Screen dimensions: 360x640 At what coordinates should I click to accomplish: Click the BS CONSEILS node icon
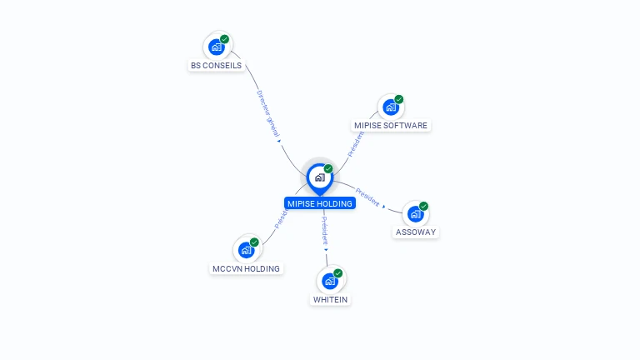click(x=217, y=47)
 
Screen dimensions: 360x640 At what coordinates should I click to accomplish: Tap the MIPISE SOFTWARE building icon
click(x=390, y=107)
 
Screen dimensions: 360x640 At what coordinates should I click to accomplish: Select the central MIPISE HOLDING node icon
click(x=319, y=177)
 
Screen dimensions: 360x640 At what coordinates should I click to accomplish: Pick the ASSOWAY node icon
click(x=415, y=214)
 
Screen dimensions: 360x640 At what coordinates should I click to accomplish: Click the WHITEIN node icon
click(x=330, y=281)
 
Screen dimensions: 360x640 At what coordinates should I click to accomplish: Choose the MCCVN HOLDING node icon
click(x=246, y=250)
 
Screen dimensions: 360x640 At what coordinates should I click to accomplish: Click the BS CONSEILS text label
click(x=216, y=65)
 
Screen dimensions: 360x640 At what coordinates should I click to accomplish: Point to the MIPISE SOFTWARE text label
click(x=390, y=126)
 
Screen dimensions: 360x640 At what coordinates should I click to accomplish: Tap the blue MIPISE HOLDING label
click(x=320, y=202)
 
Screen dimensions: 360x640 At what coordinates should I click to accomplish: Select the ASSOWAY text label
click(x=415, y=232)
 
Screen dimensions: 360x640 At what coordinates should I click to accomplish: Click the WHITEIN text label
click(x=330, y=299)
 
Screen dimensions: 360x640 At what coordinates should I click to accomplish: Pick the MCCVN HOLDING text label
click(x=246, y=268)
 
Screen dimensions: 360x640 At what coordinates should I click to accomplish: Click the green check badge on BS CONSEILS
click(x=225, y=39)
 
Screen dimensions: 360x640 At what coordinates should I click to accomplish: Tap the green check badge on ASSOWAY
click(x=423, y=206)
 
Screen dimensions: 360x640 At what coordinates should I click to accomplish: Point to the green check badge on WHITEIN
click(x=338, y=273)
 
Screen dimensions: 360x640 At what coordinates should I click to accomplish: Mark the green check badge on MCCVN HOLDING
click(x=254, y=242)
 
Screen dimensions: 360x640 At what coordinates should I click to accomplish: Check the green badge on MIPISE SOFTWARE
click(x=398, y=100)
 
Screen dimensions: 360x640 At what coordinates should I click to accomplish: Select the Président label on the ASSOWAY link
click(x=367, y=201)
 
